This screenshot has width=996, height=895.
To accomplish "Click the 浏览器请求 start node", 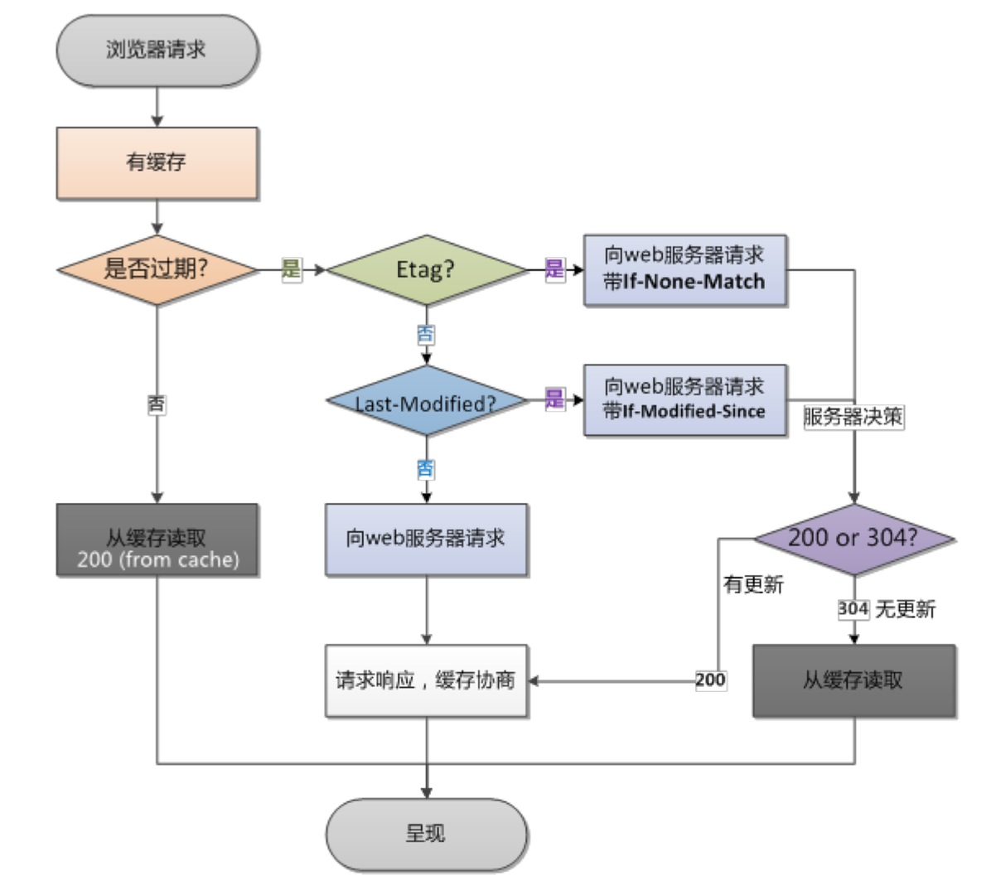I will pyautogui.click(x=157, y=50).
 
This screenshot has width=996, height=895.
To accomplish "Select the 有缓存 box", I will pyautogui.click(x=157, y=162).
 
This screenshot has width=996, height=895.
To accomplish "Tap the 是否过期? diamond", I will pyautogui.click(x=157, y=269).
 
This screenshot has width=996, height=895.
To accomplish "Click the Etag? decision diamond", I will pyautogui.click(x=426, y=269).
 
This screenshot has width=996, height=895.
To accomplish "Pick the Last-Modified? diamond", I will pyautogui.click(x=426, y=404).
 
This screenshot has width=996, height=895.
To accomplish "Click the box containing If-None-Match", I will pyautogui.click(x=684, y=269).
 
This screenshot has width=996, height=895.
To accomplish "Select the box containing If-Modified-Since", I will pyautogui.click(x=684, y=399).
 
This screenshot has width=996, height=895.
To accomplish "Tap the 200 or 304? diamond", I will pyautogui.click(x=853, y=538).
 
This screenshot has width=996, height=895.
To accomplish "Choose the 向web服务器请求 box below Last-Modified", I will pyautogui.click(x=426, y=539).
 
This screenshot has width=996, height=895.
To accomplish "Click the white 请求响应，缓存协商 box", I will pyautogui.click(x=426, y=680).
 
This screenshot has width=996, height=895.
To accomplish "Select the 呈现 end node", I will pyautogui.click(x=426, y=834).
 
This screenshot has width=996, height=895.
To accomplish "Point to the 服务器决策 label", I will pyautogui.click(x=853, y=417).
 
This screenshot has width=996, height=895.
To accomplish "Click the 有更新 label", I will pyautogui.click(x=753, y=585).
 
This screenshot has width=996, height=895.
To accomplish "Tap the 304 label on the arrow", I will pyautogui.click(x=853, y=609).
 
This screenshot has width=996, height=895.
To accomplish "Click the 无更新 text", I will pyautogui.click(x=906, y=610).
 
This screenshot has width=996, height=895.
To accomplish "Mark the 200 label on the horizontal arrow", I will pyautogui.click(x=710, y=680).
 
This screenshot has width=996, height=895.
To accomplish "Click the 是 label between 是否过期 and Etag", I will pyautogui.click(x=291, y=269).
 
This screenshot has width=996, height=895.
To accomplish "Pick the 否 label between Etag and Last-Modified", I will pyautogui.click(x=425, y=335).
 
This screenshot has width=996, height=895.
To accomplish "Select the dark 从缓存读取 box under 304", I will pyautogui.click(x=853, y=680).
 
